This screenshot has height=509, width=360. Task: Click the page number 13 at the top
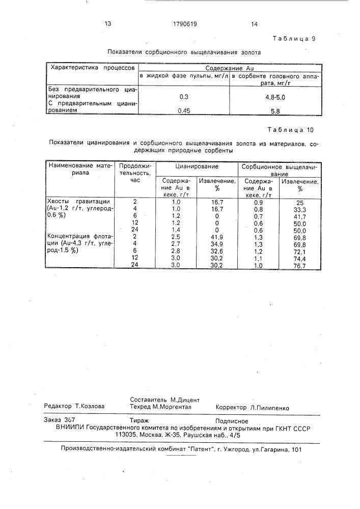[x=107, y=23]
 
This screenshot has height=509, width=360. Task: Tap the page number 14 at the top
[x=254, y=23]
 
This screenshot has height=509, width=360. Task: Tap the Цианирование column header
[x=197, y=166]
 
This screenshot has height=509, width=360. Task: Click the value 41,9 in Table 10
[x=217, y=237]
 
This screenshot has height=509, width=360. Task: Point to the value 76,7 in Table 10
[x=298, y=265]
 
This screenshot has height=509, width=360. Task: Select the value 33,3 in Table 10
[x=298, y=209]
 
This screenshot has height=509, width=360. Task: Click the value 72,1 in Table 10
[x=298, y=251]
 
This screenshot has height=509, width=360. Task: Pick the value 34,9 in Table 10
[x=217, y=244]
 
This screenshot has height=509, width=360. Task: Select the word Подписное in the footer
[x=232, y=421]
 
